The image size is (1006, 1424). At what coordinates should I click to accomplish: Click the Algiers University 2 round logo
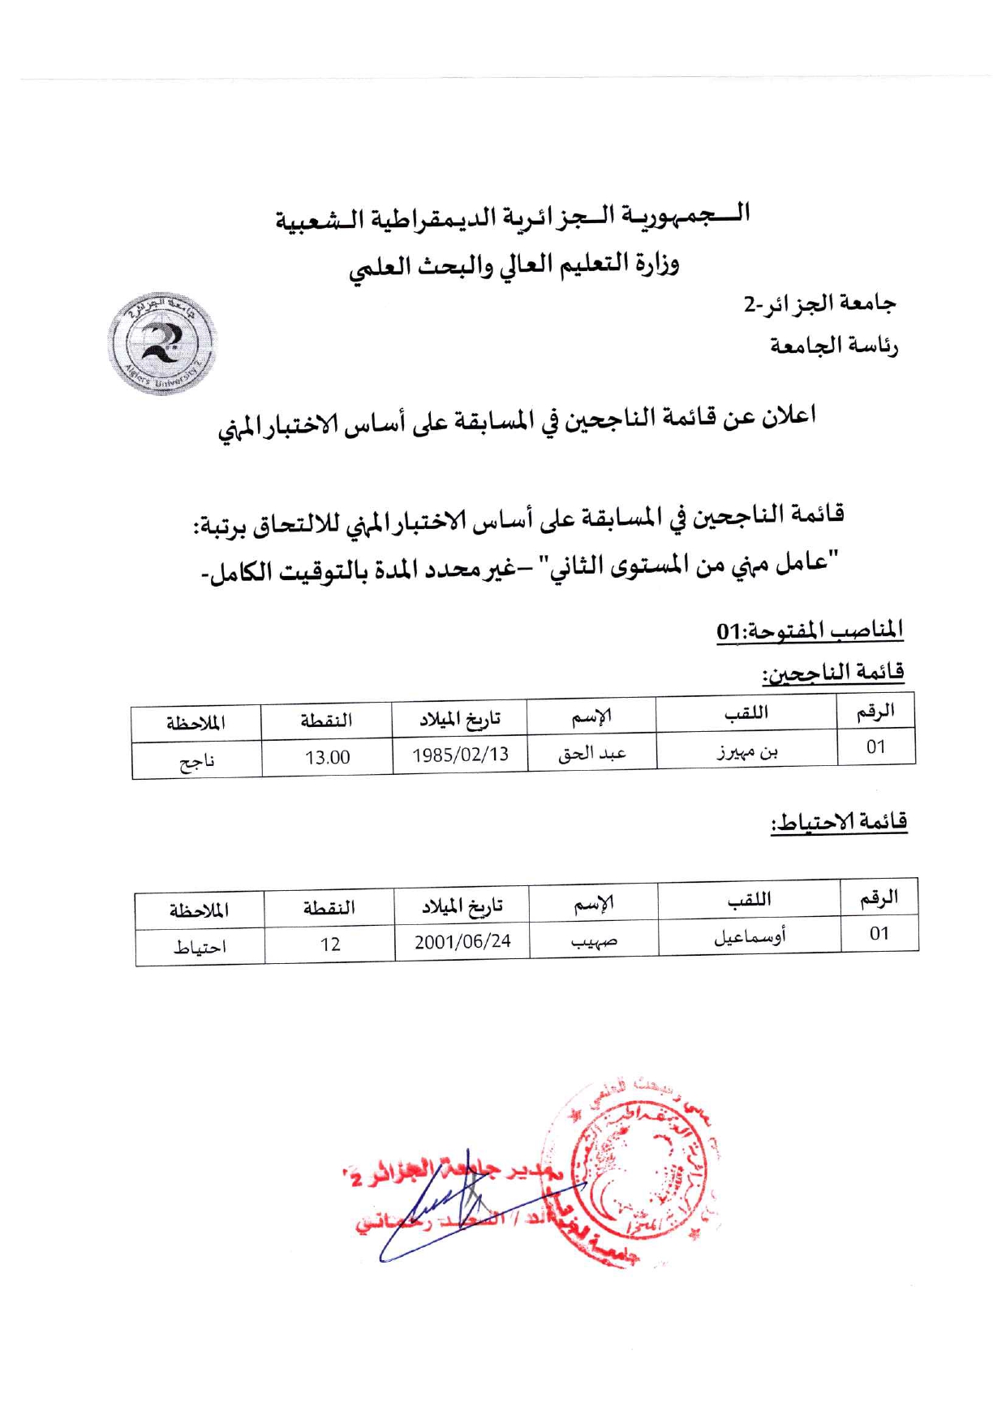(x=161, y=343)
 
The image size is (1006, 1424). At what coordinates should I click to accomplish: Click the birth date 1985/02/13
(x=460, y=755)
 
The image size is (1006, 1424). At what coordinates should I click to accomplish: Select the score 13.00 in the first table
(x=327, y=758)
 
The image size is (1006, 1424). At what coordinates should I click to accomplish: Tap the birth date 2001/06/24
(x=462, y=941)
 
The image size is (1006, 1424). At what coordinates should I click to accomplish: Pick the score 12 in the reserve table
(x=329, y=944)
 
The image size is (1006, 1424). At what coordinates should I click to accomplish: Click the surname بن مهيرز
(x=746, y=752)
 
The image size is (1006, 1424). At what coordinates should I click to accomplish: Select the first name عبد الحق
(x=591, y=754)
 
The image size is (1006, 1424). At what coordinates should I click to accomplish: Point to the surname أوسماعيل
(x=749, y=937)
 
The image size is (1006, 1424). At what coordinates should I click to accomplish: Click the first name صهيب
(x=594, y=941)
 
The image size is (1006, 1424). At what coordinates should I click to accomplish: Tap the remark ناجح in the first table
(x=196, y=761)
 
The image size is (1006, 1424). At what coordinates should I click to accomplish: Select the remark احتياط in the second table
(x=200, y=947)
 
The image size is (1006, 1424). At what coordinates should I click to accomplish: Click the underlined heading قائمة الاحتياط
(x=839, y=822)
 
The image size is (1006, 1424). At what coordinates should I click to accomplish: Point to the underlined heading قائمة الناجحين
(x=832, y=673)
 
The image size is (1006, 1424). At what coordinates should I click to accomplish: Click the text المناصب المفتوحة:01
(x=810, y=630)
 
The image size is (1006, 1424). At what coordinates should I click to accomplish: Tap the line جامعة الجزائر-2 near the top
(x=819, y=304)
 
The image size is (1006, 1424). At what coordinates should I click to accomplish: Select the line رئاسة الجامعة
(x=834, y=346)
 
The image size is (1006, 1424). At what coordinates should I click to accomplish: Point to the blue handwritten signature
(x=454, y=1209)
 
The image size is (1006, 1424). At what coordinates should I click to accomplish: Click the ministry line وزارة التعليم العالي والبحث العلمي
(x=514, y=265)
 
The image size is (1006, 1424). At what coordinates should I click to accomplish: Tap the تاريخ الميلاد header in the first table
(x=459, y=718)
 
